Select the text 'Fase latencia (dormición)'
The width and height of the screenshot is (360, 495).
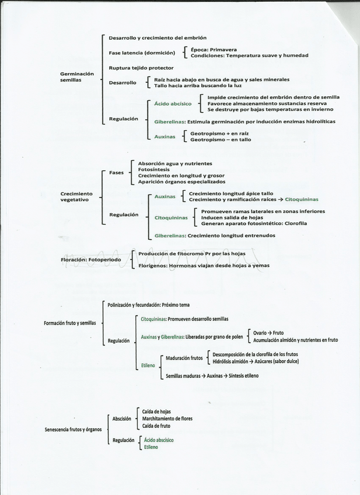142,53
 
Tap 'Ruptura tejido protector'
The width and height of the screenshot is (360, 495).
141,68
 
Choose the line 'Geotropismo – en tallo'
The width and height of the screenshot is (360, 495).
221,140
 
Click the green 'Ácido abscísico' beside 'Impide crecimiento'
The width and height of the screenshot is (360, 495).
173,103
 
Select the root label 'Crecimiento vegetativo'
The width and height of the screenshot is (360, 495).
76,196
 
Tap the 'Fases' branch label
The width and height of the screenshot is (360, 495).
116,172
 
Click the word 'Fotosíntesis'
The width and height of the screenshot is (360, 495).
154,169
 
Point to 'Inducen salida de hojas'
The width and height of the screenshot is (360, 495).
232,217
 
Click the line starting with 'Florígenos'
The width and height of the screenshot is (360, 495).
199,266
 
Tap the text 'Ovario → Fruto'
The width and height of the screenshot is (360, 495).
268,333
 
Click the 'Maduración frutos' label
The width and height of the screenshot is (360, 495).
184,358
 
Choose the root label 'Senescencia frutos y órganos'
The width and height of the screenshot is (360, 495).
73,430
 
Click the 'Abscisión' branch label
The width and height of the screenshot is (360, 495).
121,419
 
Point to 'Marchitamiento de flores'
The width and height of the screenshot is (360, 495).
167,419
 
